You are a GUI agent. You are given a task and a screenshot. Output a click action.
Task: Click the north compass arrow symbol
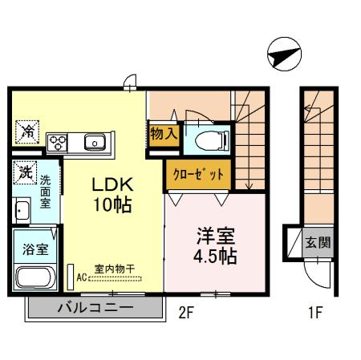click(x=283, y=55)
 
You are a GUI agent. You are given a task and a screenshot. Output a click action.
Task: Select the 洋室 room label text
click(x=216, y=237)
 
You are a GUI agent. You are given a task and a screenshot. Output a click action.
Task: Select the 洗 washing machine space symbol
click(x=26, y=171)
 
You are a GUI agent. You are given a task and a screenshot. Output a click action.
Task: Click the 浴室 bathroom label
click(x=33, y=249)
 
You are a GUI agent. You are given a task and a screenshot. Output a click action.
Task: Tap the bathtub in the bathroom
click(x=34, y=280)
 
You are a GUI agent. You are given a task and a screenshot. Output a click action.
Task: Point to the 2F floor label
click(x=186, y=313)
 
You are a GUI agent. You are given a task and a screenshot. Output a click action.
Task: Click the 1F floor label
click(x=314, y=313)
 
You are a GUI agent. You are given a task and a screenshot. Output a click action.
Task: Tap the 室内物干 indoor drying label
click(x=113, y=269)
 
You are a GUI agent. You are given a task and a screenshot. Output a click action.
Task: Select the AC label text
click(x=82, y=278)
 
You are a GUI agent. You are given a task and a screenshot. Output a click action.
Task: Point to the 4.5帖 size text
click(x=216, y=257)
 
